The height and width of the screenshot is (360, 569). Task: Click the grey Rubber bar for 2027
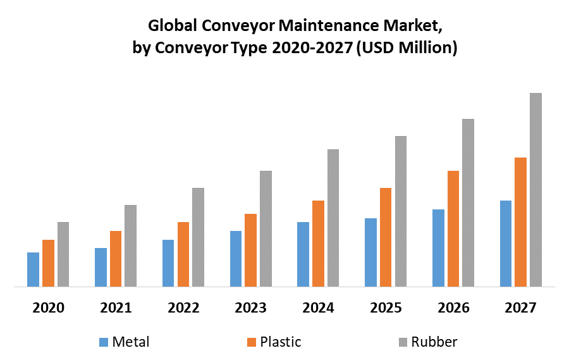coord(535,190)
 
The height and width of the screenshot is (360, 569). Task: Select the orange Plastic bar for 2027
coord(520,221)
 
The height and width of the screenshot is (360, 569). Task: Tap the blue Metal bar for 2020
coord(33,270)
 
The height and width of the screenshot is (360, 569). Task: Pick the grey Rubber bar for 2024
coord(333,218)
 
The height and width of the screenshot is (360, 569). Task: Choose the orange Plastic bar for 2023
coord(250,250)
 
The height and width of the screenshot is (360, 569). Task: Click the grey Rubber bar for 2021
coord(130,245)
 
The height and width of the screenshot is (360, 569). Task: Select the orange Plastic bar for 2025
coord(386,237)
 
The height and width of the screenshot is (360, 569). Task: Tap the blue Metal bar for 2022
coord(168,263)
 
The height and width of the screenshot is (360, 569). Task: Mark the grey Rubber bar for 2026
coord(468,202)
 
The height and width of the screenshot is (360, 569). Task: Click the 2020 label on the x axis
coord(49,308)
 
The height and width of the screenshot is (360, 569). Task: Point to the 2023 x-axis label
coord(251,308)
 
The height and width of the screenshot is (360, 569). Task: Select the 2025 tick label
coord(386,308)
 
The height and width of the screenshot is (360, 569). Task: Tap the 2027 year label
coord(520,308)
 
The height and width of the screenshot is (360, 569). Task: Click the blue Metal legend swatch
coord(103,342)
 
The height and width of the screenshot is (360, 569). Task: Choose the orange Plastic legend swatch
coord(252,342)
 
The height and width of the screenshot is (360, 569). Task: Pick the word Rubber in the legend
coord(434,342)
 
